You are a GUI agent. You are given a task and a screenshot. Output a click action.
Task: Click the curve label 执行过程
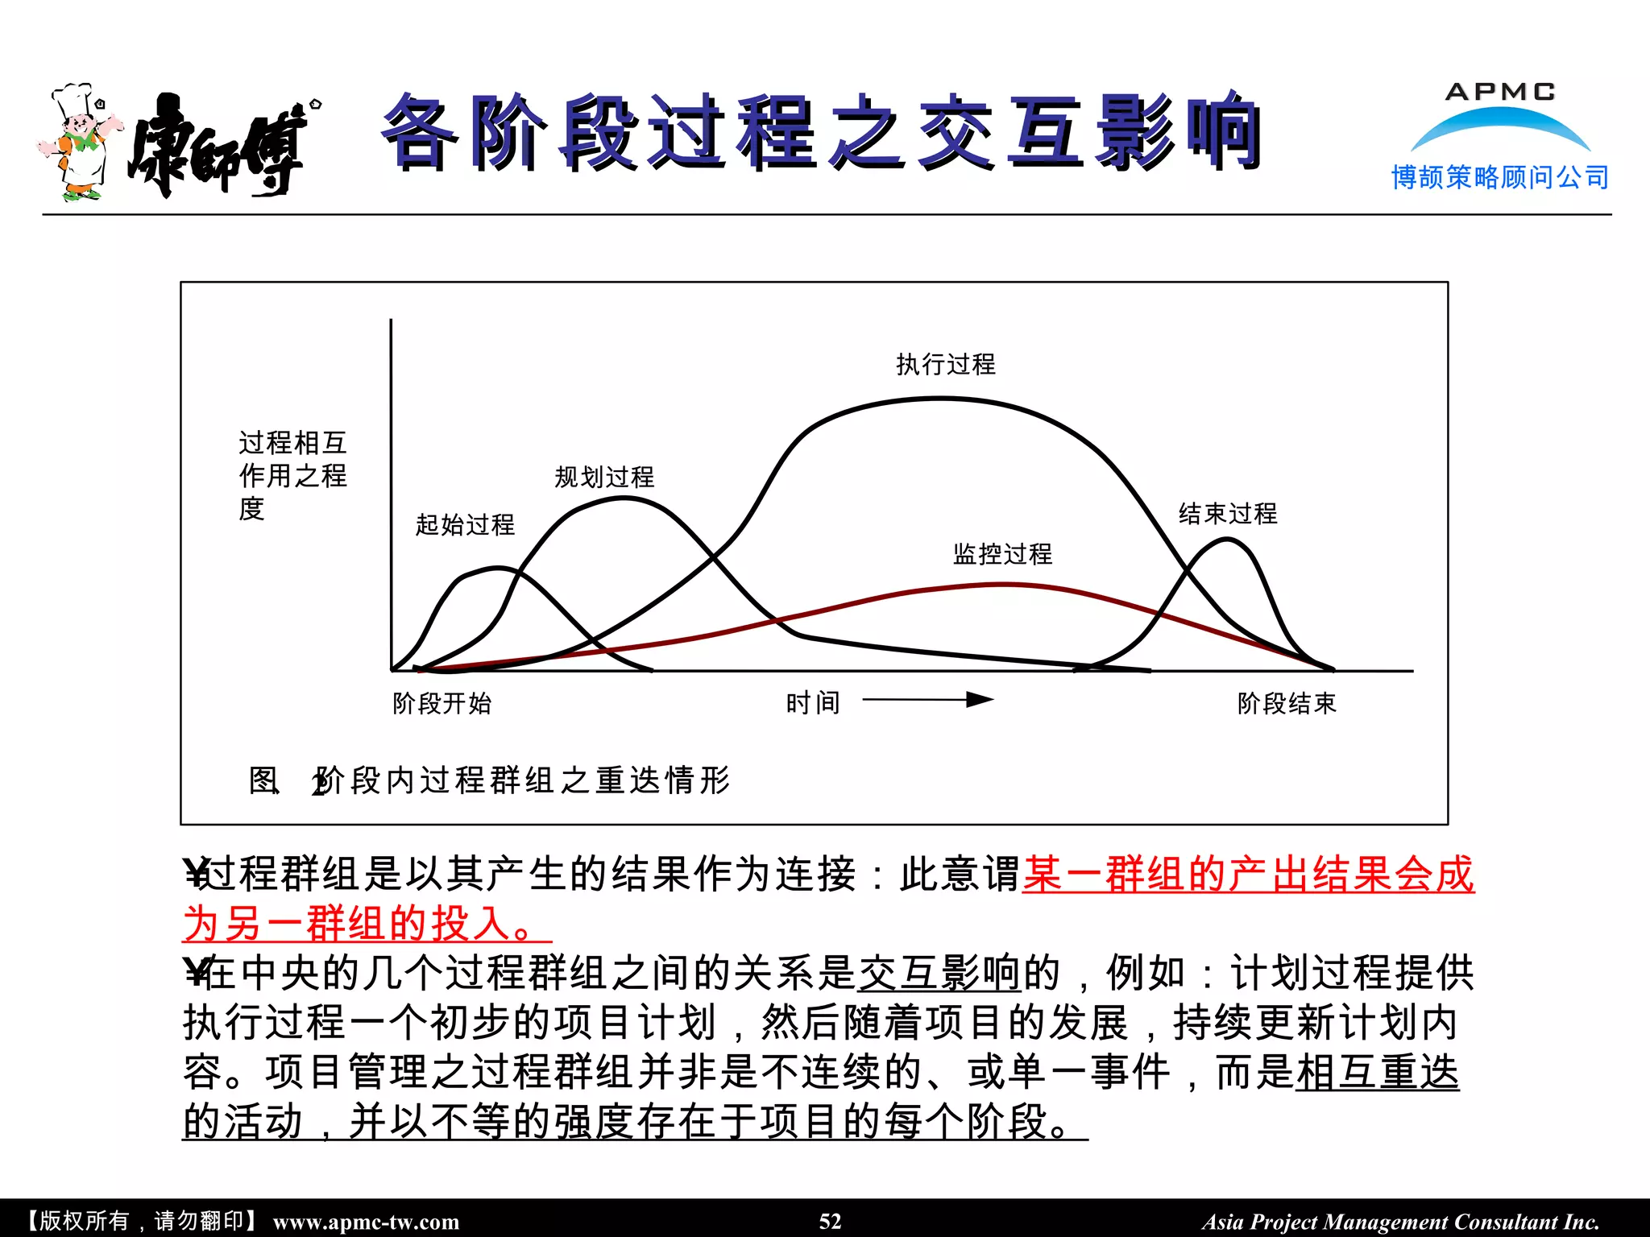946,365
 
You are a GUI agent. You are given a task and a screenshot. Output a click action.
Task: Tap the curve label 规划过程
604,478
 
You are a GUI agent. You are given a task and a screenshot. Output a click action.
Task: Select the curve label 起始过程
465,525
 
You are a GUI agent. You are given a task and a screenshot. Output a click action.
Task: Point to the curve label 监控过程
1002,554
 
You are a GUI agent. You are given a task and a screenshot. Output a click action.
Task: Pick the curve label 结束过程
1228,514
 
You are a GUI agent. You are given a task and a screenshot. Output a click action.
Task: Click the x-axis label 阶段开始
442,704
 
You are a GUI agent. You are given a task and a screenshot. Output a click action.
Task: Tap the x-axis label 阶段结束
1287,704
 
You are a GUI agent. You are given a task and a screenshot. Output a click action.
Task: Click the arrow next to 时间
927,700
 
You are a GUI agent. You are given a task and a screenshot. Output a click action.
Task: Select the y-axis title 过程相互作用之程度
292,475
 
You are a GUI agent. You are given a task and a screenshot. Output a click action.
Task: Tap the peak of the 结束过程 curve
1226,539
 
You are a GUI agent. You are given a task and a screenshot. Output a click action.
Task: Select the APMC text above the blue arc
1500,92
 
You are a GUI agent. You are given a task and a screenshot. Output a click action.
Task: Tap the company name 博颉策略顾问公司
1500,177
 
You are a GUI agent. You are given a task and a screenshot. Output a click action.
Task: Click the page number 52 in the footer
830,1221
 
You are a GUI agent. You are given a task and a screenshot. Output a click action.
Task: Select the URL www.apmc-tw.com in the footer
366,1222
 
